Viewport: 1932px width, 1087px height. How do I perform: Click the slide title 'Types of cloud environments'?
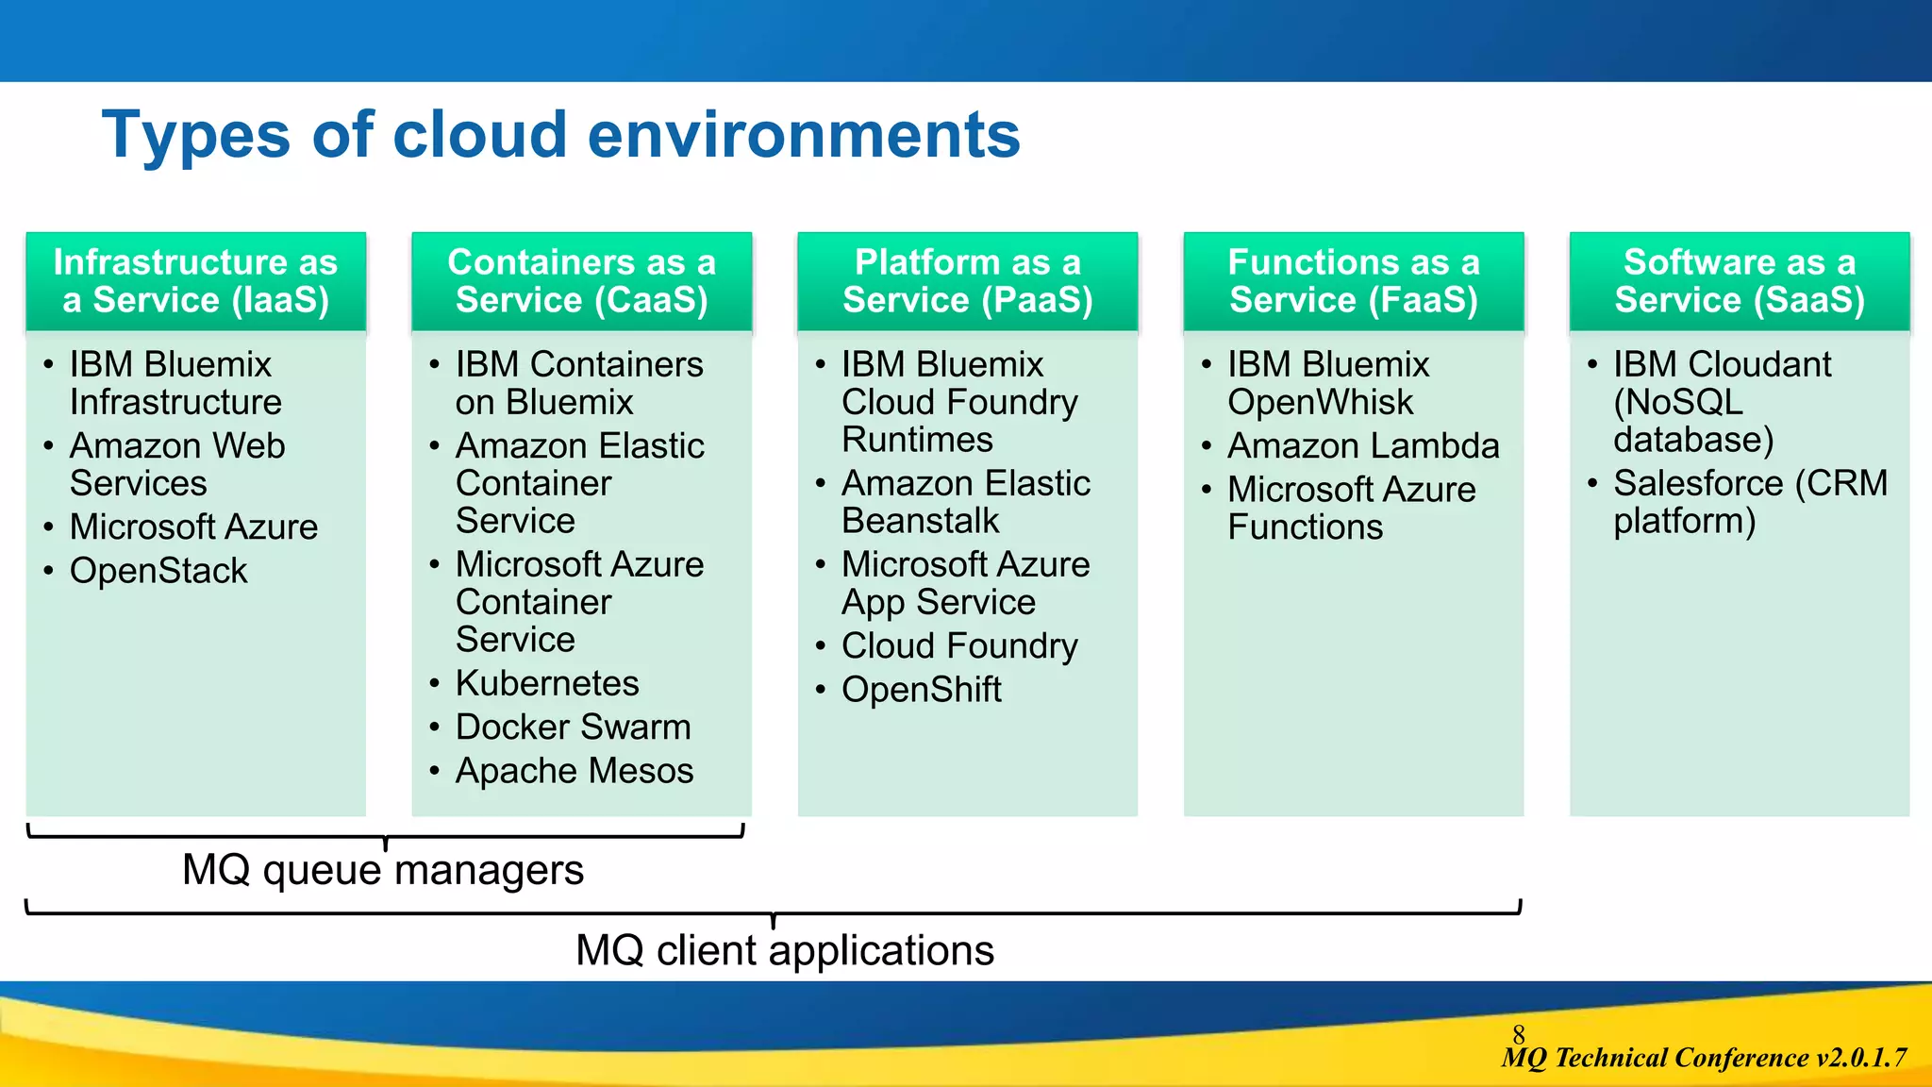click(x=560, y=135)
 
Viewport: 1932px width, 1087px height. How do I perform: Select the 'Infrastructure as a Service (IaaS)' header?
click(x=195, y=281)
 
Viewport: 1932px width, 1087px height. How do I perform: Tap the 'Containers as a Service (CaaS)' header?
click(x=581, y=281)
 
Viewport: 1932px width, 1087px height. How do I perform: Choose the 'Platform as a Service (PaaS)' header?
click(x=967, y=281)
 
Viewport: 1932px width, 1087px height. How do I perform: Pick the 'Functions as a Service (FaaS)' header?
click(x=1353, y=281)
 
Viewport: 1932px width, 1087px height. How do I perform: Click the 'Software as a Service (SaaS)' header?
click(x=1739, y=281)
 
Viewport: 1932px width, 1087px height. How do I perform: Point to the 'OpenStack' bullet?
click(x=158, y=571)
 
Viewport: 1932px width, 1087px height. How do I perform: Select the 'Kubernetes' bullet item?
click(x=547, y=683)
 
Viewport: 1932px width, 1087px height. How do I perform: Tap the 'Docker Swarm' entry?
click(x=573, y=727)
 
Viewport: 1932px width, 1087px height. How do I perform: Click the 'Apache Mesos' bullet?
click(x=574, y=771)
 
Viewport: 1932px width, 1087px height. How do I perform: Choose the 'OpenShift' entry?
click(x=921, y=690)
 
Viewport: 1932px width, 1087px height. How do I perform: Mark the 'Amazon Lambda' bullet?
click(x=1362, y=445)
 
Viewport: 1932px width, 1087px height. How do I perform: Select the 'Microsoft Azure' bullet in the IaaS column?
click(x=193, y=527)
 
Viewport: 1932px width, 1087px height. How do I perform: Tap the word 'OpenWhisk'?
click(x=1320, y=402)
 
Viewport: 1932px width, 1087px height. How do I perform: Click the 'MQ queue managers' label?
click(x=382, y=869)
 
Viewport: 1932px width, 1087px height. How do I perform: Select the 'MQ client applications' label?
click(x=784, y=950)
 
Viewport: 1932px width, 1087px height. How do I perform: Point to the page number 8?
click(x=1518, y=1033)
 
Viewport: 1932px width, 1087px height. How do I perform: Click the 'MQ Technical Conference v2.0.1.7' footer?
click(x=1704, y=1058)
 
